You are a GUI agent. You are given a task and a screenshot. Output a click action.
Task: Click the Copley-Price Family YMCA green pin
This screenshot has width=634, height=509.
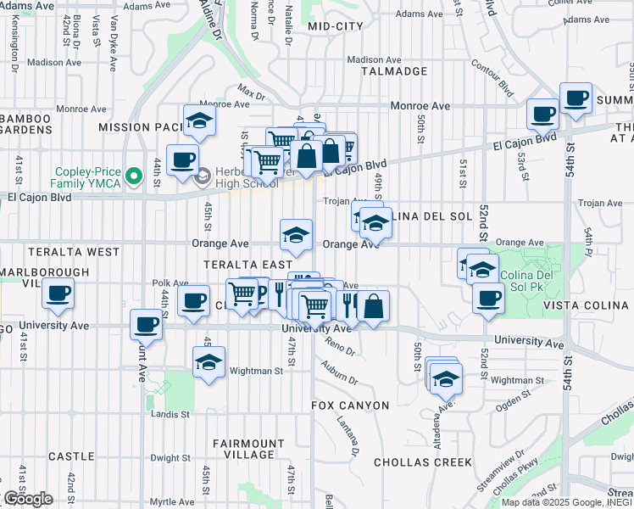coord(131,176)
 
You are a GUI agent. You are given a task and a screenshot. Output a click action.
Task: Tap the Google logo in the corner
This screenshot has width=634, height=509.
coord(28,499)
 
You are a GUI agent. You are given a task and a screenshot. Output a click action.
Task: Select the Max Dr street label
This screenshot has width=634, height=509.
coord(252,89)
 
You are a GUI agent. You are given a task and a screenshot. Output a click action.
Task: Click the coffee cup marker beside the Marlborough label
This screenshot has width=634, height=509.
coord(58,294)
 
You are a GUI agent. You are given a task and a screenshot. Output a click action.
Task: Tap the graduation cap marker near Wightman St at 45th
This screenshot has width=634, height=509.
coord(209,362)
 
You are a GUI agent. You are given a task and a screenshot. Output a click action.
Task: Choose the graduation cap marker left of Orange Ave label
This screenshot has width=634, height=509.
coord(297,234)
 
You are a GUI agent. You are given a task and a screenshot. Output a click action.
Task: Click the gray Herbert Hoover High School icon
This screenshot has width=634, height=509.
coord(202,176)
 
